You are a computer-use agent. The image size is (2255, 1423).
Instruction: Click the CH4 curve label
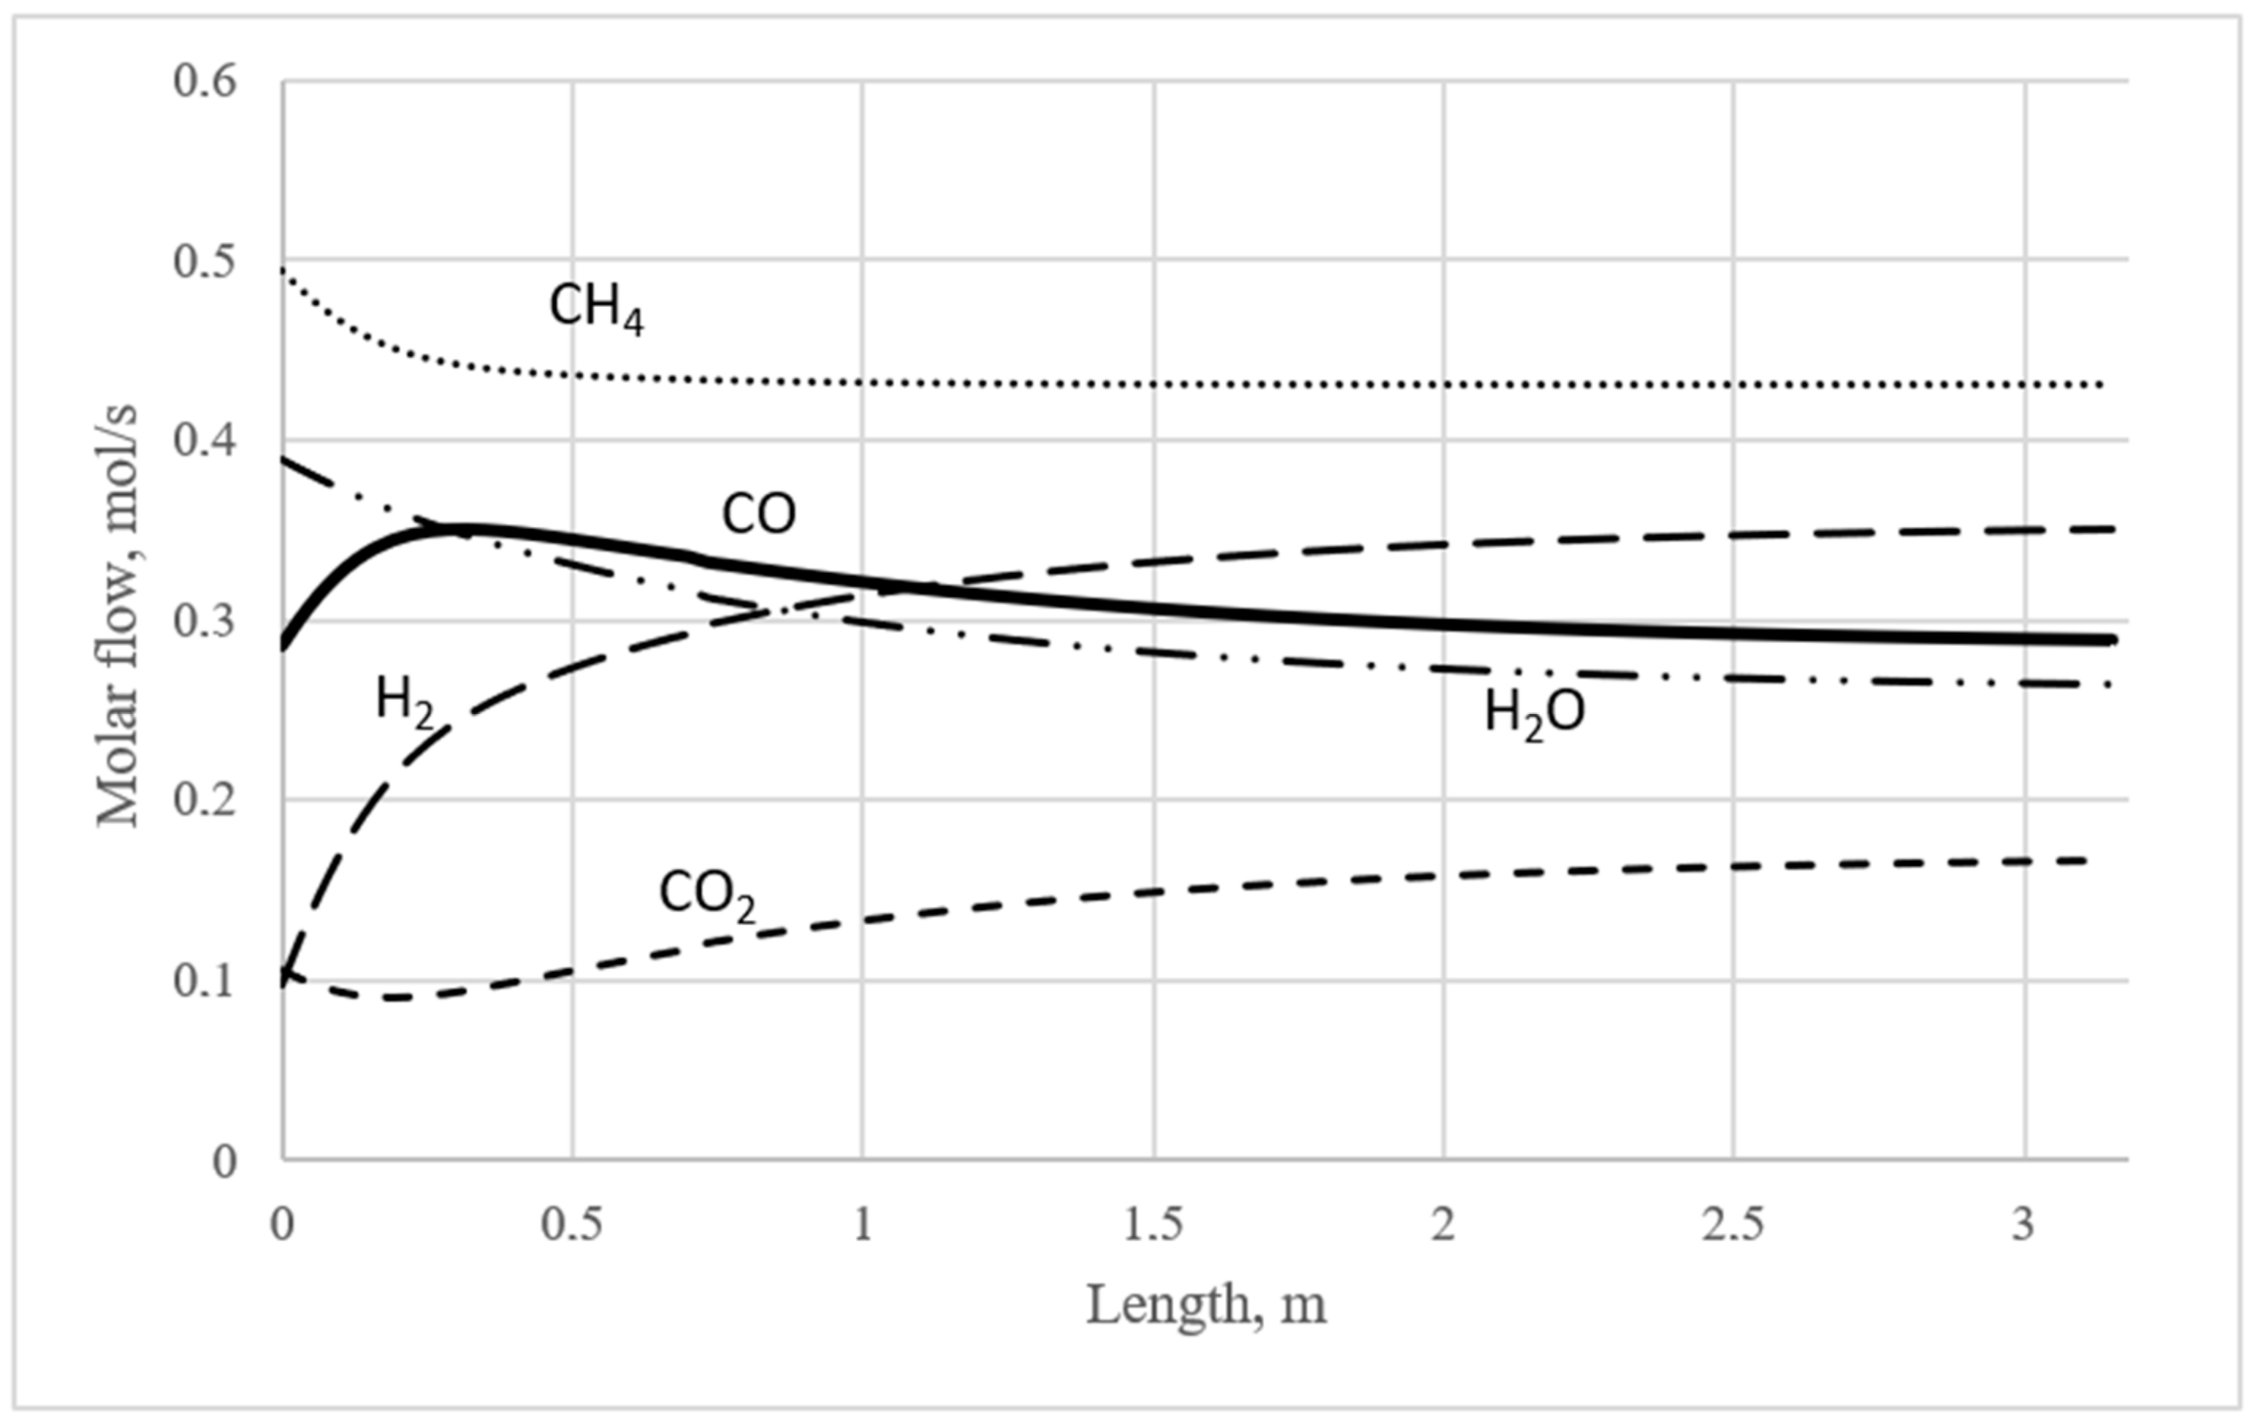[x=597, y=308]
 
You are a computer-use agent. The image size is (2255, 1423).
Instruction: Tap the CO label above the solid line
[x=758, y=515]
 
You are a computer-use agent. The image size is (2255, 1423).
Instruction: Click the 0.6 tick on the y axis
[x=204, y=80]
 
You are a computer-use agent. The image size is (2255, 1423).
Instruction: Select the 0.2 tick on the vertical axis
[x=204, y=802]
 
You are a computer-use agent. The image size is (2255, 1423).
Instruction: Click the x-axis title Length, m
[x=1206, y=1305]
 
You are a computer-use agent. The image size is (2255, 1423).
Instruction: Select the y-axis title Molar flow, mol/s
[x=118, y=615]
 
